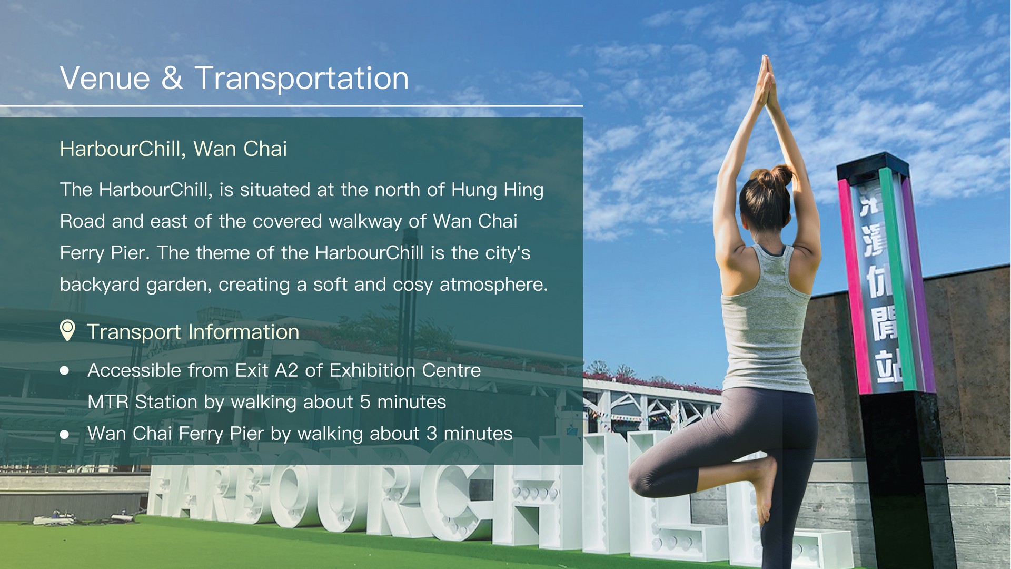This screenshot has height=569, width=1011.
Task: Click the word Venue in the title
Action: (x=105, y=79)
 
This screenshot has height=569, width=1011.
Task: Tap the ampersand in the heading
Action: (x=172, y=79)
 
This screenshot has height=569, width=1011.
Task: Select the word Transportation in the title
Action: (x=302, y=79)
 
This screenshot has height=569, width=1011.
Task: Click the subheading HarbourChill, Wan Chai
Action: (x=173, y=149)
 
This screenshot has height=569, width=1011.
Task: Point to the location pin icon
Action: (x=67, y=330)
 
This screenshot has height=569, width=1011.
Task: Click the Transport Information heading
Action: (x=193, y=332)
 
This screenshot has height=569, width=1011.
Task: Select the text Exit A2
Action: (x=266, y=370)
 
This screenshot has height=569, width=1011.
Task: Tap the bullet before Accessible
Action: (x=65, y=371)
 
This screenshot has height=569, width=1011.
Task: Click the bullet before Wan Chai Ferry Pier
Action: (x=65, y=434)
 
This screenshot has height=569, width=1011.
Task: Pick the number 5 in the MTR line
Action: (x=365, y=402)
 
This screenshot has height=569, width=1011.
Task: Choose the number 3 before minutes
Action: (x=432, y=434)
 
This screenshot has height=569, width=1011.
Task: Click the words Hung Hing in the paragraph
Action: (x=497, y=190)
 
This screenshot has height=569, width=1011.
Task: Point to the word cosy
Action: (x=413, y=285)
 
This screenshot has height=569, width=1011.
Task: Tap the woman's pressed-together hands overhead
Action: (x=765, y=79)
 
